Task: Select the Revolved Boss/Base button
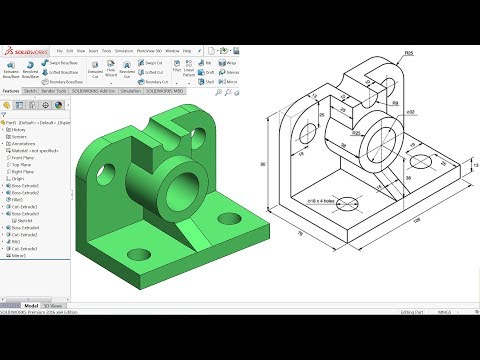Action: pos(32,73)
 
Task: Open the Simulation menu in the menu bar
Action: pos(124,48)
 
